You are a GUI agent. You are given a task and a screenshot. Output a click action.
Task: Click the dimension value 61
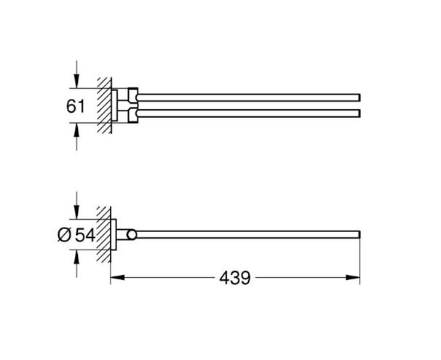76,106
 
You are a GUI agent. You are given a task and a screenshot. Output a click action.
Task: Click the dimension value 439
235,278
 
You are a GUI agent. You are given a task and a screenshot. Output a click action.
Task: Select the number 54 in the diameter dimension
85,235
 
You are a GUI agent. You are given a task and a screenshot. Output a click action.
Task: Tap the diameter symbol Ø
65,235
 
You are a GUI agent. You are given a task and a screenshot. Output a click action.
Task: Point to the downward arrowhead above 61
76,81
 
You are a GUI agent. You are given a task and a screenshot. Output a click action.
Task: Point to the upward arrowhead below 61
76,130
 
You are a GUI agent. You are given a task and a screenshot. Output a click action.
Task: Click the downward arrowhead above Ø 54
76,212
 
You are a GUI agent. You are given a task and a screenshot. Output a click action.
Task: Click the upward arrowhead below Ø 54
76,257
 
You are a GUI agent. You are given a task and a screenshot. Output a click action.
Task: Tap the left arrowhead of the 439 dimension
118,278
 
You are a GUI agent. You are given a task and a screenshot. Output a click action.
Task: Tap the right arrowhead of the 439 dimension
353,278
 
